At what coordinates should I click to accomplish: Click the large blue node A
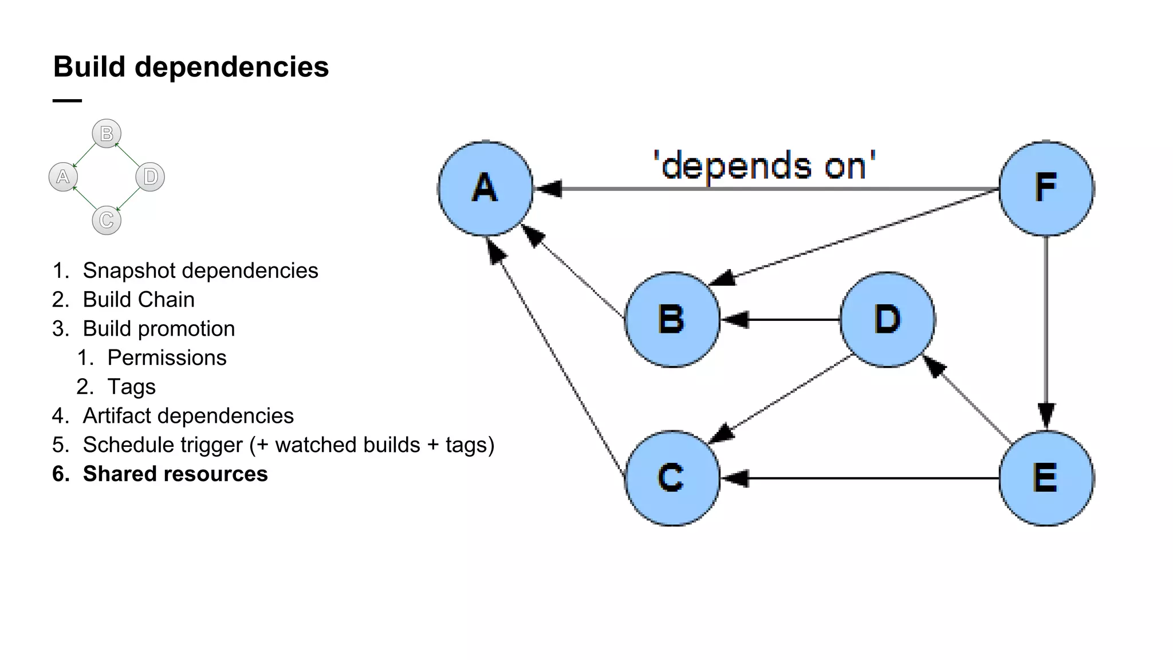485,188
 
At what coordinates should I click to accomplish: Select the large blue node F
1046,188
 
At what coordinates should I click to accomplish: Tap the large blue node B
672,319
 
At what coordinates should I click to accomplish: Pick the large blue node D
887,319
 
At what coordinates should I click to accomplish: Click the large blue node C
672,478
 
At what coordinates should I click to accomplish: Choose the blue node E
1046,478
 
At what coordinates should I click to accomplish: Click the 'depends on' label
765,166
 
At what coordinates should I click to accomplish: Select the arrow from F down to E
1046,332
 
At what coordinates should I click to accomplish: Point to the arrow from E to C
859,478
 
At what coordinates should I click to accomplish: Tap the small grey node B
107,133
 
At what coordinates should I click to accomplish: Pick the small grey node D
150,176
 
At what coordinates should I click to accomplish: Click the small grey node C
107,220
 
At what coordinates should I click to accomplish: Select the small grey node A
63,176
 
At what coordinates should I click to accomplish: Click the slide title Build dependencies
191,66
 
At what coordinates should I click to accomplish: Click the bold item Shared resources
175,474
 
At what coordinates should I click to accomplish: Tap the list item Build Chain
139,300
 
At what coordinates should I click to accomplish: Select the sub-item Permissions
167,357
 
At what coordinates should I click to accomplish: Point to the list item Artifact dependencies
188,415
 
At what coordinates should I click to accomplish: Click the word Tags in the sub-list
131,387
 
